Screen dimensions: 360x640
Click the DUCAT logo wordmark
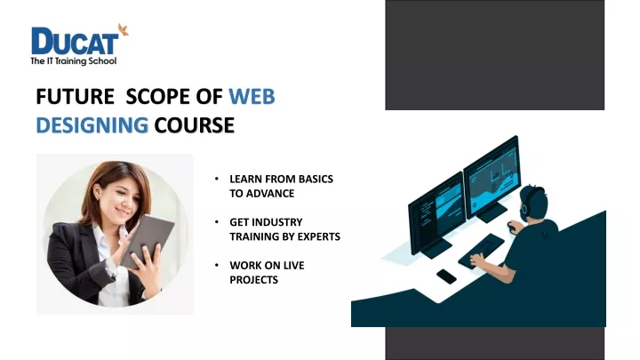pos(76,41)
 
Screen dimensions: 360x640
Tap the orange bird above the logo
pos(123,30)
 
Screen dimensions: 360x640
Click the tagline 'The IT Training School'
pos(74,61)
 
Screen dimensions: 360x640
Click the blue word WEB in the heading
pos(251,98)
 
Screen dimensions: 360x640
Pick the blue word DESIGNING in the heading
pos(92,125)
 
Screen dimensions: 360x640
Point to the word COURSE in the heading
pos(194,125)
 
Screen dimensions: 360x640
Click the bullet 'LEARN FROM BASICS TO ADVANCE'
pos(280,186)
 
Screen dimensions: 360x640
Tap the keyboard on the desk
pos(480,251)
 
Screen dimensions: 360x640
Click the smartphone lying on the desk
pos(446,276)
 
